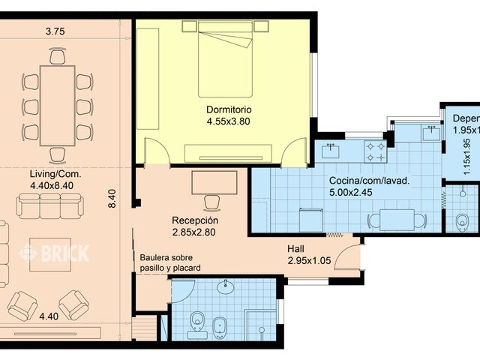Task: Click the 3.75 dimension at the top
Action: pyautogui.click(x=55, y=31)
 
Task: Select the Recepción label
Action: pyautogui.click(x=195, y=221)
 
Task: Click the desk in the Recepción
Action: pyautogui.click(x=214, y=181)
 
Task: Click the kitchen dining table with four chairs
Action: pyautogui.click(x=397, y=219)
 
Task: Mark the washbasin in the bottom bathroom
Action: pyautogui.click(x=226, y=287)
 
